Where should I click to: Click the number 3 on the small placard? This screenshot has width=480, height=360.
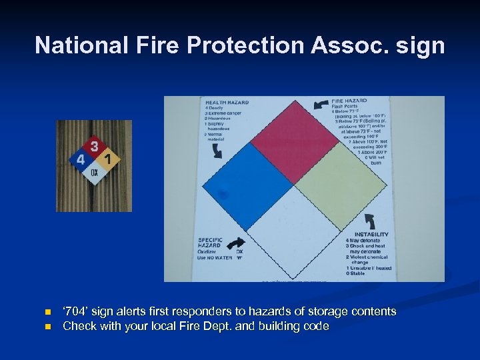[95, 146]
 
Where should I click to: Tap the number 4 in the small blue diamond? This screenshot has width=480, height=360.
[81, 160]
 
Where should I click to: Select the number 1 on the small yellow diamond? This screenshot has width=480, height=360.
[109, 159]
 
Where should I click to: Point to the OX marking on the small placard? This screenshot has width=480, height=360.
[95, 173]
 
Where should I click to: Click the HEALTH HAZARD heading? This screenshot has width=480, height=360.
[227, 102]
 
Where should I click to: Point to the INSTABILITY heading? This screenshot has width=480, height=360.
[371, 234]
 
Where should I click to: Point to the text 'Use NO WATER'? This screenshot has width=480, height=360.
[215, 258]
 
